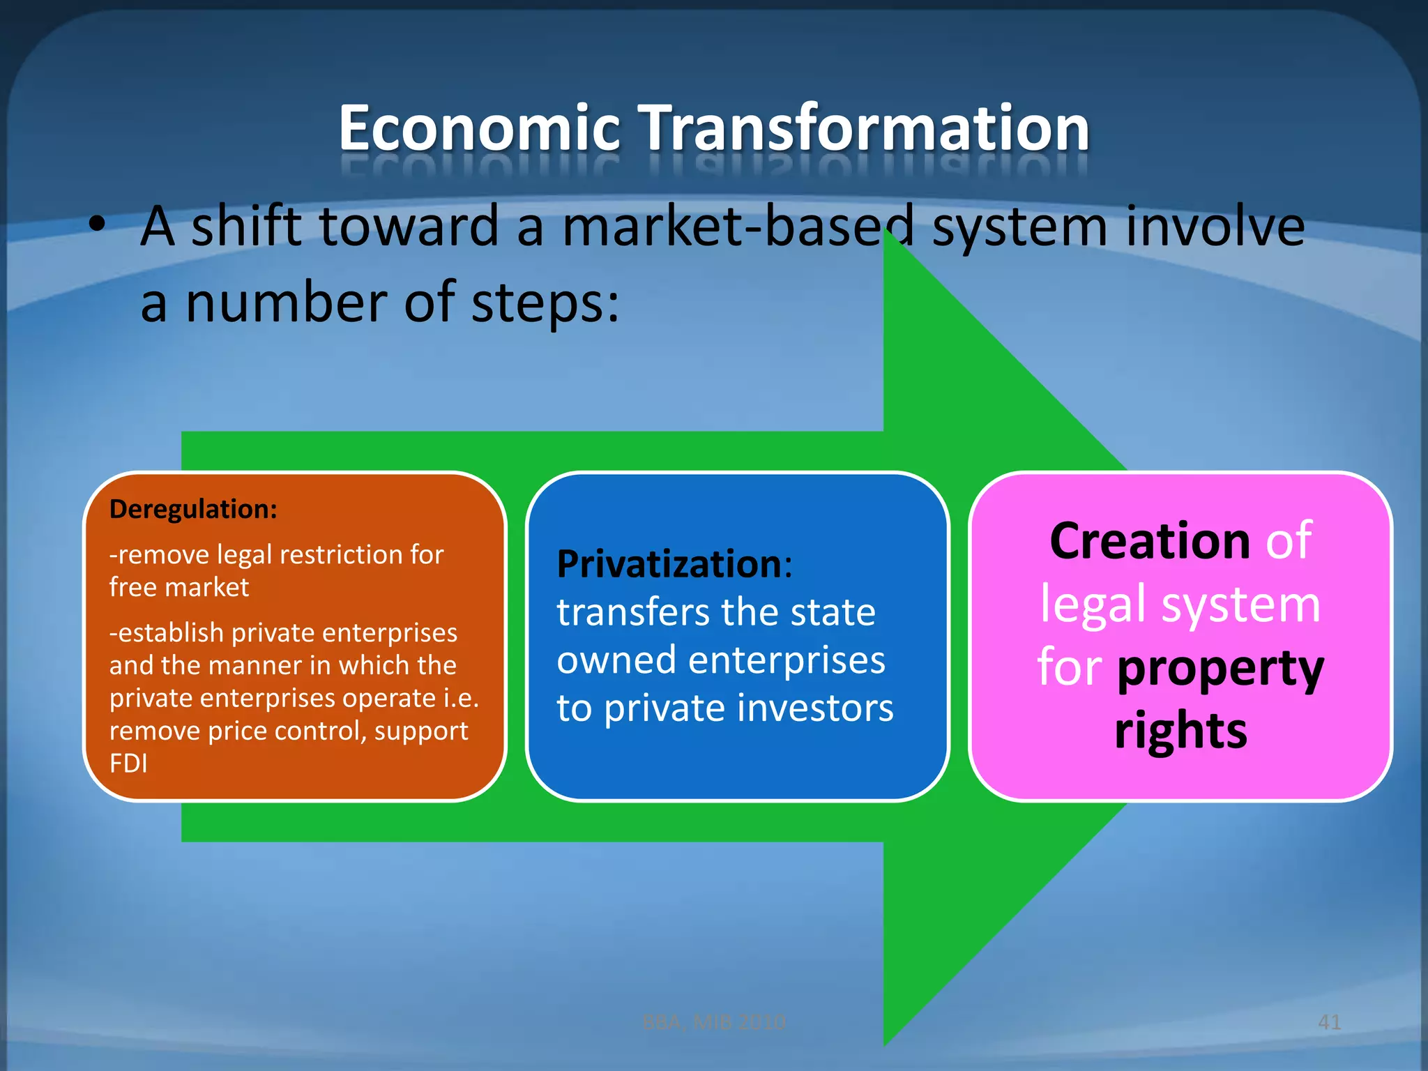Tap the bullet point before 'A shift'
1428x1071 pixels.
98,225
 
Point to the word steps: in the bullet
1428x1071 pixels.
545,303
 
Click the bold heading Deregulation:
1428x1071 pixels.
193,509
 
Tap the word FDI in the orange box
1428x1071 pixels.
128,764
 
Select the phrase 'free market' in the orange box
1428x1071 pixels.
179,587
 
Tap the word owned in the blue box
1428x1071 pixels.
616,660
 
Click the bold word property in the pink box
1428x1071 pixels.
1220,669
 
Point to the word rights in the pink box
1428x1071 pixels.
1180,730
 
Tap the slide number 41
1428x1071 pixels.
1329,1022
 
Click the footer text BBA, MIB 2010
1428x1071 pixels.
713,1022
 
